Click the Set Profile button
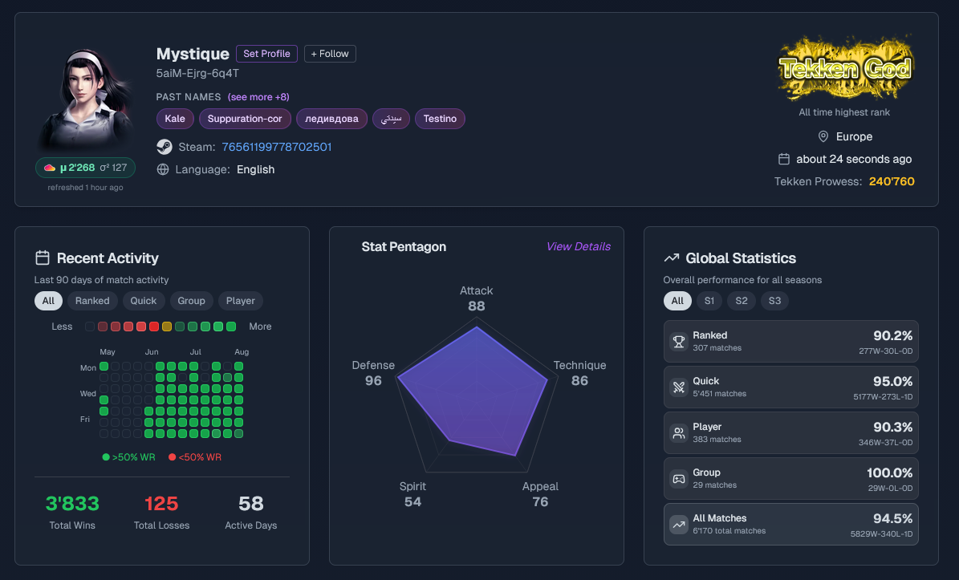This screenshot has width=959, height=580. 266,54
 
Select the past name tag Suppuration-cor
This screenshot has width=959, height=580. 245,119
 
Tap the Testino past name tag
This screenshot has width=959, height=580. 440,119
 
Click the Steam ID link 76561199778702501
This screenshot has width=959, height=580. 276,147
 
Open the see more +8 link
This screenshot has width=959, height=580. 258,97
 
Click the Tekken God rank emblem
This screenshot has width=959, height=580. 844,68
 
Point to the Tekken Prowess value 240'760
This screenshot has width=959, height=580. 891,181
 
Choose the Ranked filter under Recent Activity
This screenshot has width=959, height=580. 92,301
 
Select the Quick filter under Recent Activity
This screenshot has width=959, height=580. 143,301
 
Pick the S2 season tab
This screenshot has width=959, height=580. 742,301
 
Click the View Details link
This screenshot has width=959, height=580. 578,246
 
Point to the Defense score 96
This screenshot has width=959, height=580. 373,381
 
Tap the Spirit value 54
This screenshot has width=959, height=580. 412,501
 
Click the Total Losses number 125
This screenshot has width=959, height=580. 161,504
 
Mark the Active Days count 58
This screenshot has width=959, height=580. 250,504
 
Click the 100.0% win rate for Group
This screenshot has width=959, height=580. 889,473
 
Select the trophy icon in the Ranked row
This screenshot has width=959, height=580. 679,342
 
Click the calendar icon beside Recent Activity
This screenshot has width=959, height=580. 43,258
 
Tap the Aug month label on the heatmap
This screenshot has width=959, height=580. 242,352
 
